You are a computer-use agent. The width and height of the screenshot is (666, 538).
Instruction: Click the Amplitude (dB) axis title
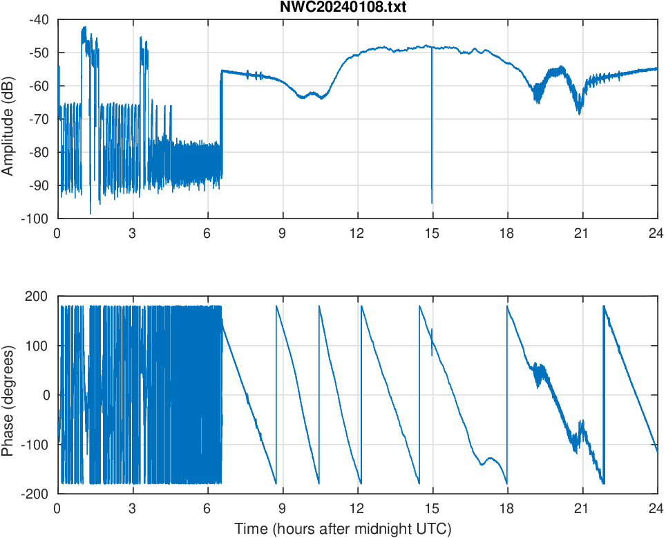coord(8,119)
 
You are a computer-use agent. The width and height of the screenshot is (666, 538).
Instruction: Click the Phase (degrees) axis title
coord(8,394)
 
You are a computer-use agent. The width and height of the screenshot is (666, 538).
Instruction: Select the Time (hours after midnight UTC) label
coord(343,529)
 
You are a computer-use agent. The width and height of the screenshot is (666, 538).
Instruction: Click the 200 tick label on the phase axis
coord(38,296)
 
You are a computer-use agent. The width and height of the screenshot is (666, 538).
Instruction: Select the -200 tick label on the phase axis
coord(36,493)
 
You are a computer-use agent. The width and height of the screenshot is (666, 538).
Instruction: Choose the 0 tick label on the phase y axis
coord(47,395)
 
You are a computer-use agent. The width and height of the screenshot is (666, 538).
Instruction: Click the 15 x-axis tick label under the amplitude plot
coord(432,233)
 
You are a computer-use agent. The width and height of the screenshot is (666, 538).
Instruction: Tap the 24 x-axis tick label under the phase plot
coord(657,508)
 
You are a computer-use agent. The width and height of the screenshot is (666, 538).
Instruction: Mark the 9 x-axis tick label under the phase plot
coord(282,508)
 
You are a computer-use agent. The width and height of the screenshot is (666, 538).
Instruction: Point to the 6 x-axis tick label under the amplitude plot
coord(207,233)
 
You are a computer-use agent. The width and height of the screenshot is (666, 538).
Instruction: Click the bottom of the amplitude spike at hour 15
coord(432,202)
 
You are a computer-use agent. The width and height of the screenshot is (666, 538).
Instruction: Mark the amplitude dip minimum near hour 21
coord(580,112)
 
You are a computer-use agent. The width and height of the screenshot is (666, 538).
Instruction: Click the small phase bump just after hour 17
coord(490,458)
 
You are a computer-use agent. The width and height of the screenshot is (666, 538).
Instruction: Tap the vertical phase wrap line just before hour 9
coord(276,394)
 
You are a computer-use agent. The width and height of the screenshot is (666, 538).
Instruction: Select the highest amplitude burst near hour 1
coord(84,29)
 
